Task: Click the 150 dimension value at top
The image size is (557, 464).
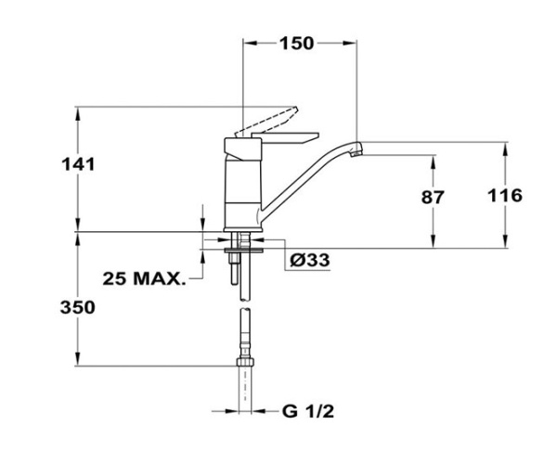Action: click(298, 44)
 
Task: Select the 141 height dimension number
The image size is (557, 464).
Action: click(80, 164)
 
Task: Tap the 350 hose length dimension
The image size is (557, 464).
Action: click(80, 308)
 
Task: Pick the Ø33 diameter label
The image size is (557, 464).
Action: click(309, 260)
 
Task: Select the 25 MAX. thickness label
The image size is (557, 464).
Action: click(145, 277)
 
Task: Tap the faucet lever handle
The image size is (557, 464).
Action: click(268, 122)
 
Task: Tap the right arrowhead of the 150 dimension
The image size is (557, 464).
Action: click(353, 43)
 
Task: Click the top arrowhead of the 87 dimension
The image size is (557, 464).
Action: click(434, 159)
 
